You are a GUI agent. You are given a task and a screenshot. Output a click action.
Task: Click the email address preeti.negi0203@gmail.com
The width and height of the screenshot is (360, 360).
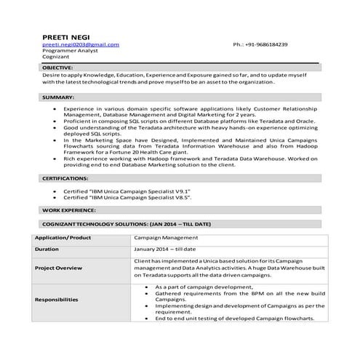[80, 45]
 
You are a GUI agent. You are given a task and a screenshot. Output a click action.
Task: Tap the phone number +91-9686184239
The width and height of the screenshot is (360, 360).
[260, 45]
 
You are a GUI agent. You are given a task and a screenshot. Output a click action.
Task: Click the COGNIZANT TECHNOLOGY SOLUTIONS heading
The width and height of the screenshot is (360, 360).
[127, 223]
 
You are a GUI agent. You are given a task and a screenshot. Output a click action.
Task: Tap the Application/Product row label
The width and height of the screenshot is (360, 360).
[63, 237]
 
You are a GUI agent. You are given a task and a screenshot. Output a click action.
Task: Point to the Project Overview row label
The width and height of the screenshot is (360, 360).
[58, 268]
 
